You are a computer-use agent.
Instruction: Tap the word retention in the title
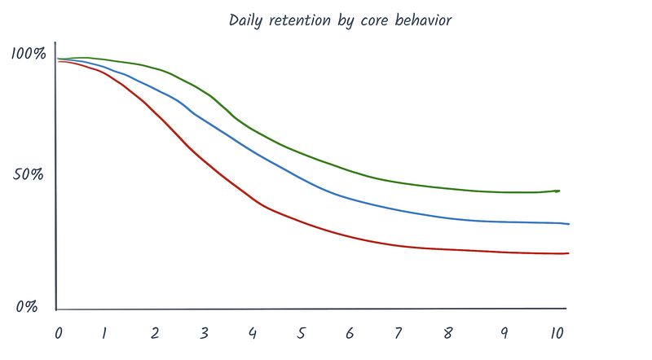click(300, 20)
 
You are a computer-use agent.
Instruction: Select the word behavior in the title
click(423, 20)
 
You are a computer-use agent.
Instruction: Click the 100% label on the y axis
click(29, 53)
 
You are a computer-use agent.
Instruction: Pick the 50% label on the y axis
click(28, 174)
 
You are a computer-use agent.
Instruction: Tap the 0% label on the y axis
click(27, 307)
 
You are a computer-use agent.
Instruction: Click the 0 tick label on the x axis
click(59, 333)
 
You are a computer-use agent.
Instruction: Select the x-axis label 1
click(104, 333)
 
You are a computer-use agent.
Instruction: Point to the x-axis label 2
click(155, 333)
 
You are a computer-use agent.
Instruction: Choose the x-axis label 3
click(203, 333)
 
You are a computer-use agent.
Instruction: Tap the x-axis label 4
click(253, 333)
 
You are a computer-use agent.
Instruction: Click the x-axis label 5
click(302, 333)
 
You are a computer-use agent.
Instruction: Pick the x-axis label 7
click(399, 333)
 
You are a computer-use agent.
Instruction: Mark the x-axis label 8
click(447, 333)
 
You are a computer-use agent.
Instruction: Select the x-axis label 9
click(504, 333)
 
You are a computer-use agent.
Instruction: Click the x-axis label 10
click(557, 333)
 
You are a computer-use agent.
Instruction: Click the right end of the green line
click(559, 191)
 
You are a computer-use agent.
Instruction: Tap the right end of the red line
click(568, 253)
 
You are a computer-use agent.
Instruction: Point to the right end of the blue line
click(569, 224)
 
